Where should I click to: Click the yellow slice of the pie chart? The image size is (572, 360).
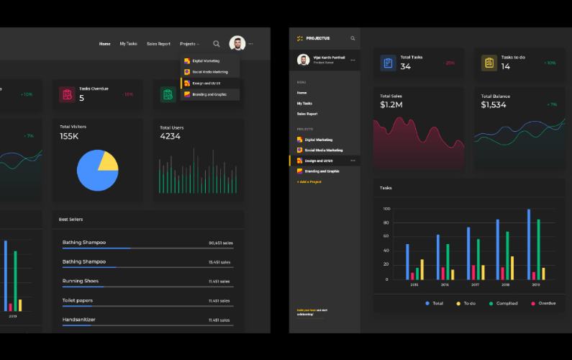coord(109,161)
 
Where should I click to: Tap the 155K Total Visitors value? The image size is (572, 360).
coord(69,136)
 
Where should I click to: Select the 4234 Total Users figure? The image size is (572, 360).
coord(170,136)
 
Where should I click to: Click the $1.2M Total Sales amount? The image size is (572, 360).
coord(391,105)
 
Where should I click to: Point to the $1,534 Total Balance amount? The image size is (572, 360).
coord(494,105)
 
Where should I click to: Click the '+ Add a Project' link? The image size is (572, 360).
coord(309,182)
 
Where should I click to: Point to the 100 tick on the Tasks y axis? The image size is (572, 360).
coord(386,209)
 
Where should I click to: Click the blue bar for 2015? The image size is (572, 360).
coord(407,261)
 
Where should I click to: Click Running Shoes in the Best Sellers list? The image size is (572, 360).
coord(81,281)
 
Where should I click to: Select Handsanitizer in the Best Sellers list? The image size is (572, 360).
coord(79,319)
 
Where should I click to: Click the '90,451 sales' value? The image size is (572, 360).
coord(219,243)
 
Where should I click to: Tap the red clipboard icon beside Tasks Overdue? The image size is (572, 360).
coord(67,94)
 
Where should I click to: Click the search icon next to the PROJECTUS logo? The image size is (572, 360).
coord(353,38)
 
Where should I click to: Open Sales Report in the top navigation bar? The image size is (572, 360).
coord(158,44)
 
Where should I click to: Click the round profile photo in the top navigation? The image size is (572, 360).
coord(237,44)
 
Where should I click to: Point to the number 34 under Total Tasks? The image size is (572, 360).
coord(406,67)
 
